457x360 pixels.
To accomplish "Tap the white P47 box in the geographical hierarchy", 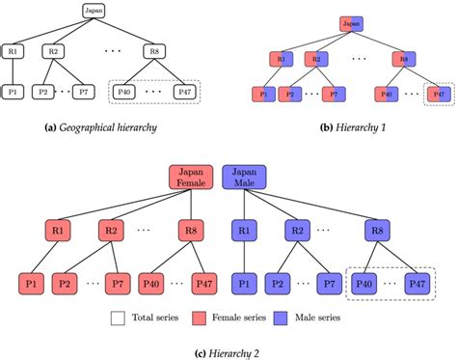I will tap(185, 93).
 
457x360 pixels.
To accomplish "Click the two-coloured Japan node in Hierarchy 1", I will tap(350, 22).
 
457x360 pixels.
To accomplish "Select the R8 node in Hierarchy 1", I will tap(405, 58).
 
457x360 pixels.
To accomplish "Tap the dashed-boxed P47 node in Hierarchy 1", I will tap(439, 96).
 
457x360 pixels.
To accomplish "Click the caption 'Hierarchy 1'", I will tap(357, 127).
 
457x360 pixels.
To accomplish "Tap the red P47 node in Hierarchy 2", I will tap(203, 285).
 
